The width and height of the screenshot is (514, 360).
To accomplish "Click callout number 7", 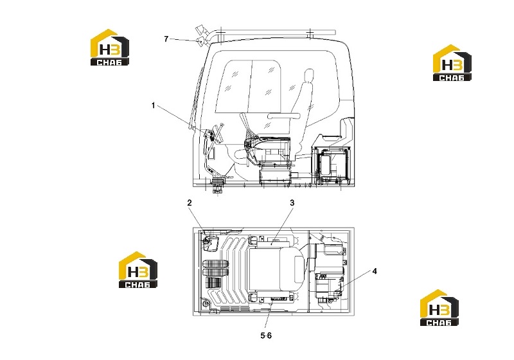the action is (x=166, y=39).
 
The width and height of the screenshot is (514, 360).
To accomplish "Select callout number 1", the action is (x=153, y=105).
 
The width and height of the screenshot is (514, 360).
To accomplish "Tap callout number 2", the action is (x=190, y=203).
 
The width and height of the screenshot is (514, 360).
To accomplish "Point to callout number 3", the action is (x=292, y=203).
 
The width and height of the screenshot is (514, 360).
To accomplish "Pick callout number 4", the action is (x=375, y=271).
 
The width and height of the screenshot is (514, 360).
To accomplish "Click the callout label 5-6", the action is (x=266, y=336).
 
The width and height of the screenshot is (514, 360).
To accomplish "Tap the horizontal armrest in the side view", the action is (x=284, y=116).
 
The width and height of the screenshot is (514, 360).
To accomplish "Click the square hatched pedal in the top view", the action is (x=214, y=282).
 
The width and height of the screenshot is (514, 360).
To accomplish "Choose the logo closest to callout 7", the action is (x=110, y=47).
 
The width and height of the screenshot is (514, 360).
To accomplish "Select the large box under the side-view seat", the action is (x=276, y=176).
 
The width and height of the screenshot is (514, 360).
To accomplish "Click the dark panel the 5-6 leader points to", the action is (x=278, y=299).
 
